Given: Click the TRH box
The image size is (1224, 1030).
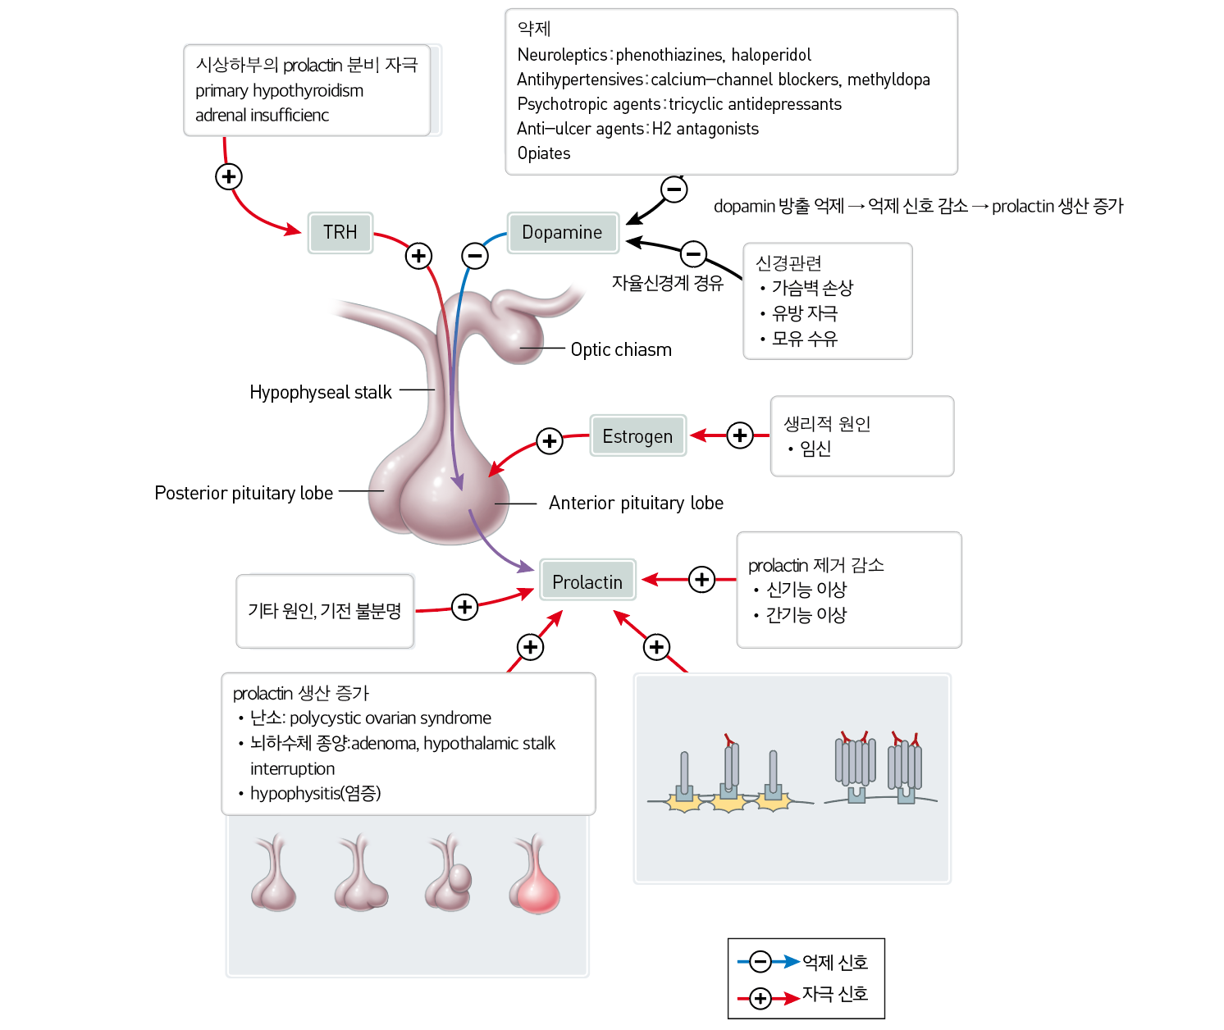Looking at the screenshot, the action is [x=340, y=232].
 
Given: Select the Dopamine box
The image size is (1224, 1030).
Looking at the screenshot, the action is [x=562, y=232].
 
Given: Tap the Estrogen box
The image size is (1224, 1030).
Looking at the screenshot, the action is [x=637, y=436].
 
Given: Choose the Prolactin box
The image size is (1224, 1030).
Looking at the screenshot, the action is [x=587, y=581].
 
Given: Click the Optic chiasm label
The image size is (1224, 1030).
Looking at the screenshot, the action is [x=621, y=349].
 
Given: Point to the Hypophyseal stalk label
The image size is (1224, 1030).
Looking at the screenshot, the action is [x=321, y=393].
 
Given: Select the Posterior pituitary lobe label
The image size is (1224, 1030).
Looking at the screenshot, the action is [x=244, y=494].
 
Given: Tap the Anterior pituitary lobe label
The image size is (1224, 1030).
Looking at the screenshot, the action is [x=636, y=503].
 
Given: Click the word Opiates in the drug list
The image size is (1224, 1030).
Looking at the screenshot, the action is [x=543, y=153].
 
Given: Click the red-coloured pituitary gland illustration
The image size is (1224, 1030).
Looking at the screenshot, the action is [x=535, y=874].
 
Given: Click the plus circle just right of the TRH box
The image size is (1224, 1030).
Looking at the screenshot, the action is [x=418, y=255].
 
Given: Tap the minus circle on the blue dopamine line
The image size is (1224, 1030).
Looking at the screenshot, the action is [x=475, y=255].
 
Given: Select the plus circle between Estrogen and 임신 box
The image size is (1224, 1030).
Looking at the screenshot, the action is [x=740, y=435].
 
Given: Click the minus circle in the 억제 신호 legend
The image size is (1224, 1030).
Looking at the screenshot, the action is [x=760, y=961].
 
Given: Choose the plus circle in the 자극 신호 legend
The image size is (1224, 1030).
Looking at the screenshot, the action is [x=760, y=998].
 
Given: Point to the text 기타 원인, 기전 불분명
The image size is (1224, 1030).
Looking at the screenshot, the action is [x=325, y=610].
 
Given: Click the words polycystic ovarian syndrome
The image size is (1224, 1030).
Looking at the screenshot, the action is [x=390, y=718].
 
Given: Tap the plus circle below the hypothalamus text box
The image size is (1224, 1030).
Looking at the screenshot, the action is [x=229, y=176].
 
